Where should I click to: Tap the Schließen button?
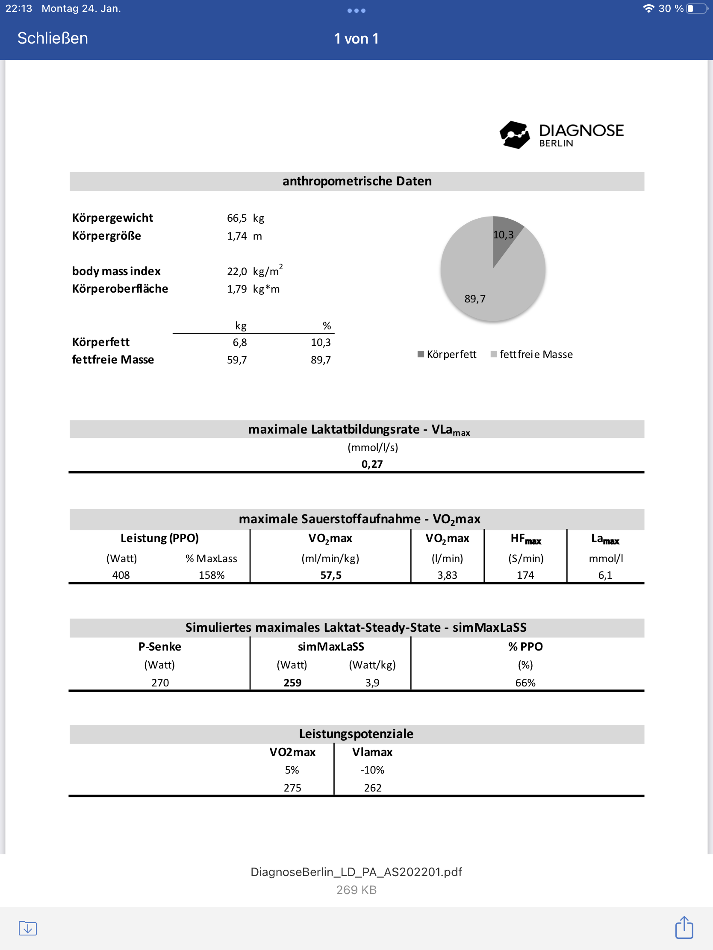(53, 38)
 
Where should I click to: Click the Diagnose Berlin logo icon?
(514, 135)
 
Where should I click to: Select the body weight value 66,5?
(237, 218)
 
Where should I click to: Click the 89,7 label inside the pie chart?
(475, 299)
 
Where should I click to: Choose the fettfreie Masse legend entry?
(532, 354)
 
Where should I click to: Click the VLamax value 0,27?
(372, 464)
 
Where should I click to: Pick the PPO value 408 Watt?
(121, 575)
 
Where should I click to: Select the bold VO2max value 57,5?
(330, 575)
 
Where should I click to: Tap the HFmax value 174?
(525, 575)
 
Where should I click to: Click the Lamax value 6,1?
(605, 575)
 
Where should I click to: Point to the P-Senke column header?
(159, 647)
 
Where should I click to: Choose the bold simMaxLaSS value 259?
(292, 683)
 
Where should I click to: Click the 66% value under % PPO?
(525, 683)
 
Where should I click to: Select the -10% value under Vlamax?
(372, 770)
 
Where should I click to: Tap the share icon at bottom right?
(684, 928)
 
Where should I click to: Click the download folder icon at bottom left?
(28, 928)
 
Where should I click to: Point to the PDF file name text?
(356, 872)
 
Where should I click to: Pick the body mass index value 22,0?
(237, 271)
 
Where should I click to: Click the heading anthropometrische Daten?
(357, 181)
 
